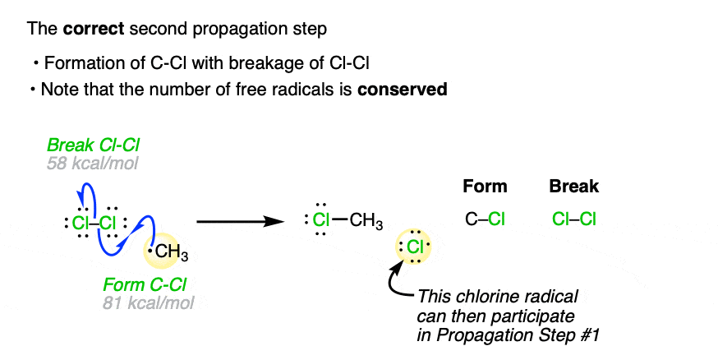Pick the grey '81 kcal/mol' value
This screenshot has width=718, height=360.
point(147,302)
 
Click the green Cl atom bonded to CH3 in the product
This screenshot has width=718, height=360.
point(324,219)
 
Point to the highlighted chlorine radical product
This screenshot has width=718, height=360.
point(415,247)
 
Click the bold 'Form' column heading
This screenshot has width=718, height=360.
point(485,187)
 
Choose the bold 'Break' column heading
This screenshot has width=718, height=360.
point(573,187)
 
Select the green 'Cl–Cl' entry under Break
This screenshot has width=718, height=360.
point(573,219)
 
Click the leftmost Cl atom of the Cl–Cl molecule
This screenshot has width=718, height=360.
point(81,222)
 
